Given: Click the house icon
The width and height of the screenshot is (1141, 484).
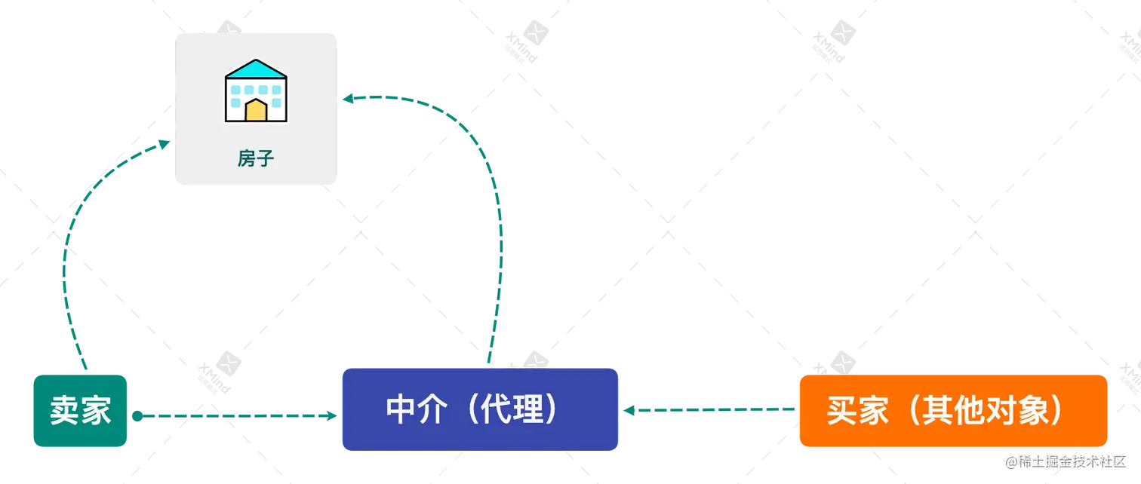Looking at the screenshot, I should [256, 91].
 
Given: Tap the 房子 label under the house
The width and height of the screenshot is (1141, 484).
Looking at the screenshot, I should [256, 158].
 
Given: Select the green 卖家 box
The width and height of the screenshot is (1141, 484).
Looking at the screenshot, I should [81, 412].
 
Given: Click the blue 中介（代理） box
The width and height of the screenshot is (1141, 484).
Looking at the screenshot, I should [480, 409].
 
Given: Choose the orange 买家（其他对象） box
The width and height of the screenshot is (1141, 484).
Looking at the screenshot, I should [953, 411].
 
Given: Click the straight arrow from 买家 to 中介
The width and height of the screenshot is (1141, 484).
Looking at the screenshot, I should [709, 411].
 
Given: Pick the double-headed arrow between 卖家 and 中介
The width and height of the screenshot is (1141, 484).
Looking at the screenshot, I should [234, 415].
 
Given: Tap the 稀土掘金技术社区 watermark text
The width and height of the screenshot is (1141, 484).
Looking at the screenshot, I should [1064, 461].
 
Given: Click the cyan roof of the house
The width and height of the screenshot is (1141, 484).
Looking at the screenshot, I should [256, 70].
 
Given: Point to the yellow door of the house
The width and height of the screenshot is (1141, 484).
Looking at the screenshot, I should [256, 112].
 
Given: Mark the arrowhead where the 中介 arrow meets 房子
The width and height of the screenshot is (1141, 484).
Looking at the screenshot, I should [347, 99].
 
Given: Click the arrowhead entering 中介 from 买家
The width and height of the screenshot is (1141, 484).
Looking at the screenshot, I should [629, 412].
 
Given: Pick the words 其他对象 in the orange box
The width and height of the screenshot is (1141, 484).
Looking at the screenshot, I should [981, 411].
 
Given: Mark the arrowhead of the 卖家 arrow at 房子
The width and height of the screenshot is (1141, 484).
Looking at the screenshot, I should [164, 142].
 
